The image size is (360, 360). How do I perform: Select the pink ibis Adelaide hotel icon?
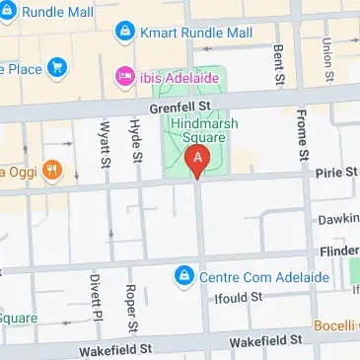125,75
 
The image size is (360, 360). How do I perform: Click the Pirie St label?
336,173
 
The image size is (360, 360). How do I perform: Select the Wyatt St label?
104,146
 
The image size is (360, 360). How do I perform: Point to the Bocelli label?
335,325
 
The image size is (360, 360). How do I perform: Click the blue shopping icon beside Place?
58,68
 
